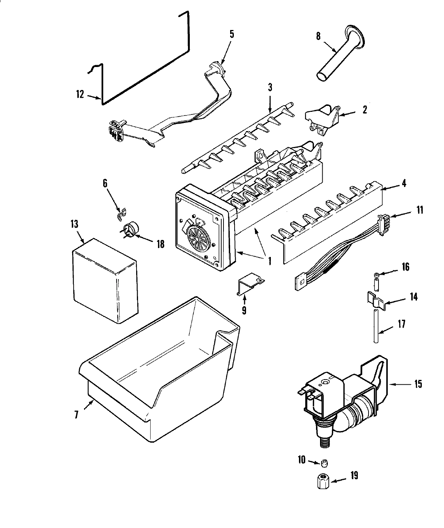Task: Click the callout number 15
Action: [417, 384]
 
